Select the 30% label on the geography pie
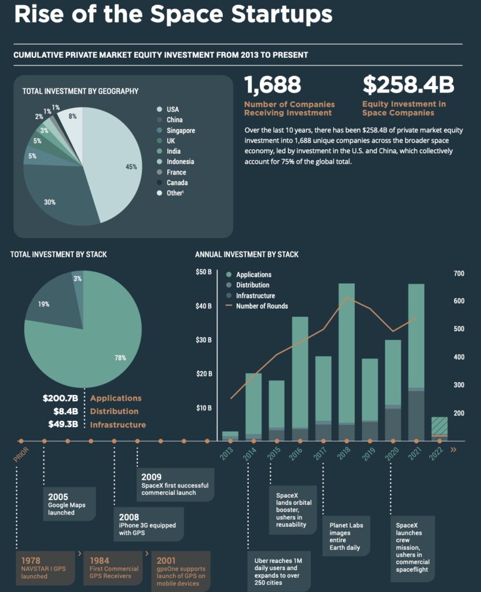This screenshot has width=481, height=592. (x=49, y=202)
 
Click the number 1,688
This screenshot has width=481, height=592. (x=273, y=85)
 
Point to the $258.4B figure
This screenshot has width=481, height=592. (x=408, y=85)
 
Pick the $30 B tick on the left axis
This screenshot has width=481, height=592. (x=204, y=340)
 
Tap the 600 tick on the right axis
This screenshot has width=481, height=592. (x=458, y=301)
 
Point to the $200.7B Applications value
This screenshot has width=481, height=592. (x=60, y=398)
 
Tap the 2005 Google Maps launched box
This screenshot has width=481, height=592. (x=69, y=504)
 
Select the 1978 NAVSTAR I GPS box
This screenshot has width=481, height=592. (x=47, y=568)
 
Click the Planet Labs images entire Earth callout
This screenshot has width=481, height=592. (x=346, y=535)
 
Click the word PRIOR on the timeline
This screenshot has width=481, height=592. (x=21, y=454)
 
